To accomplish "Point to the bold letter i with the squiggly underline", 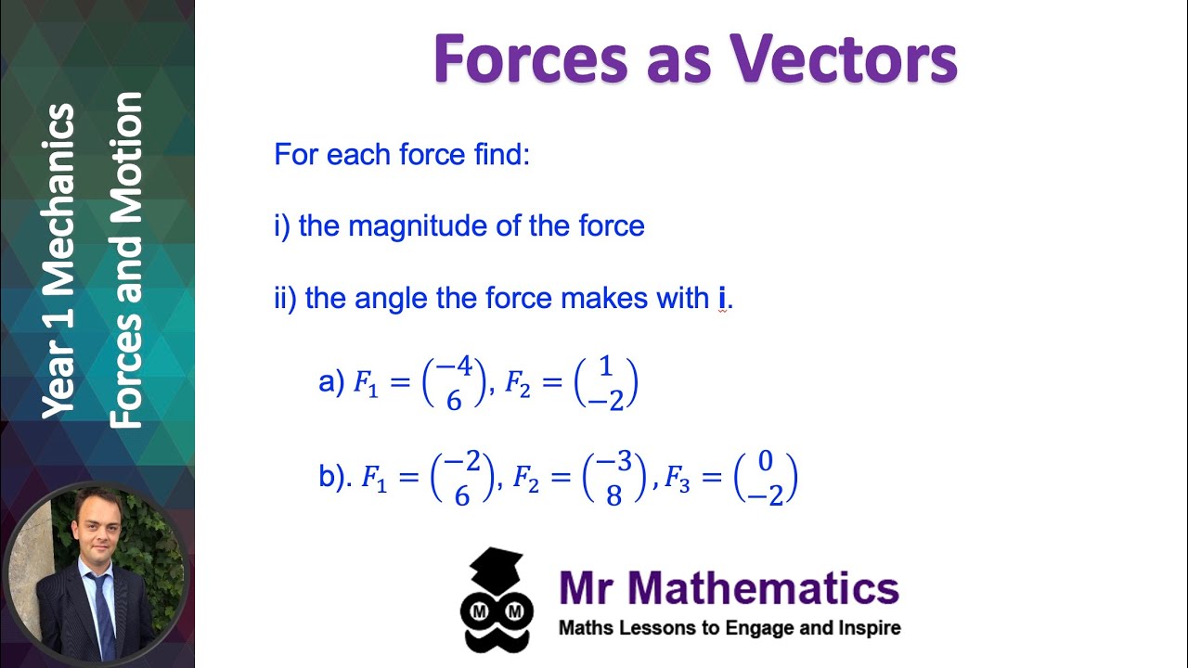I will point(721,299).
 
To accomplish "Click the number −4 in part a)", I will point(454,366).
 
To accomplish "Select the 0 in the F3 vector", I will point(766,462).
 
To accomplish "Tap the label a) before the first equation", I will point(331,382).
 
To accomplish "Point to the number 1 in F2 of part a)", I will point(606,366).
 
